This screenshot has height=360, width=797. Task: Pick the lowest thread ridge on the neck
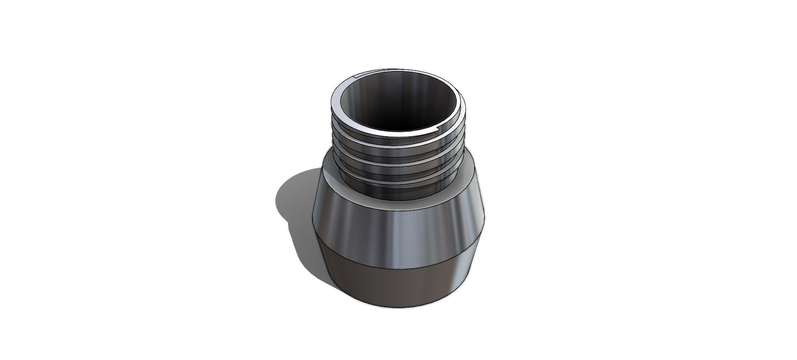click(398, 181)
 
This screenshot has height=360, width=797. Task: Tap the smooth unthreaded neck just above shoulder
click(398, 192)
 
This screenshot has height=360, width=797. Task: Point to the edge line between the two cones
click(398, 265)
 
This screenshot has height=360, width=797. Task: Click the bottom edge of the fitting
click(398, 308)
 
